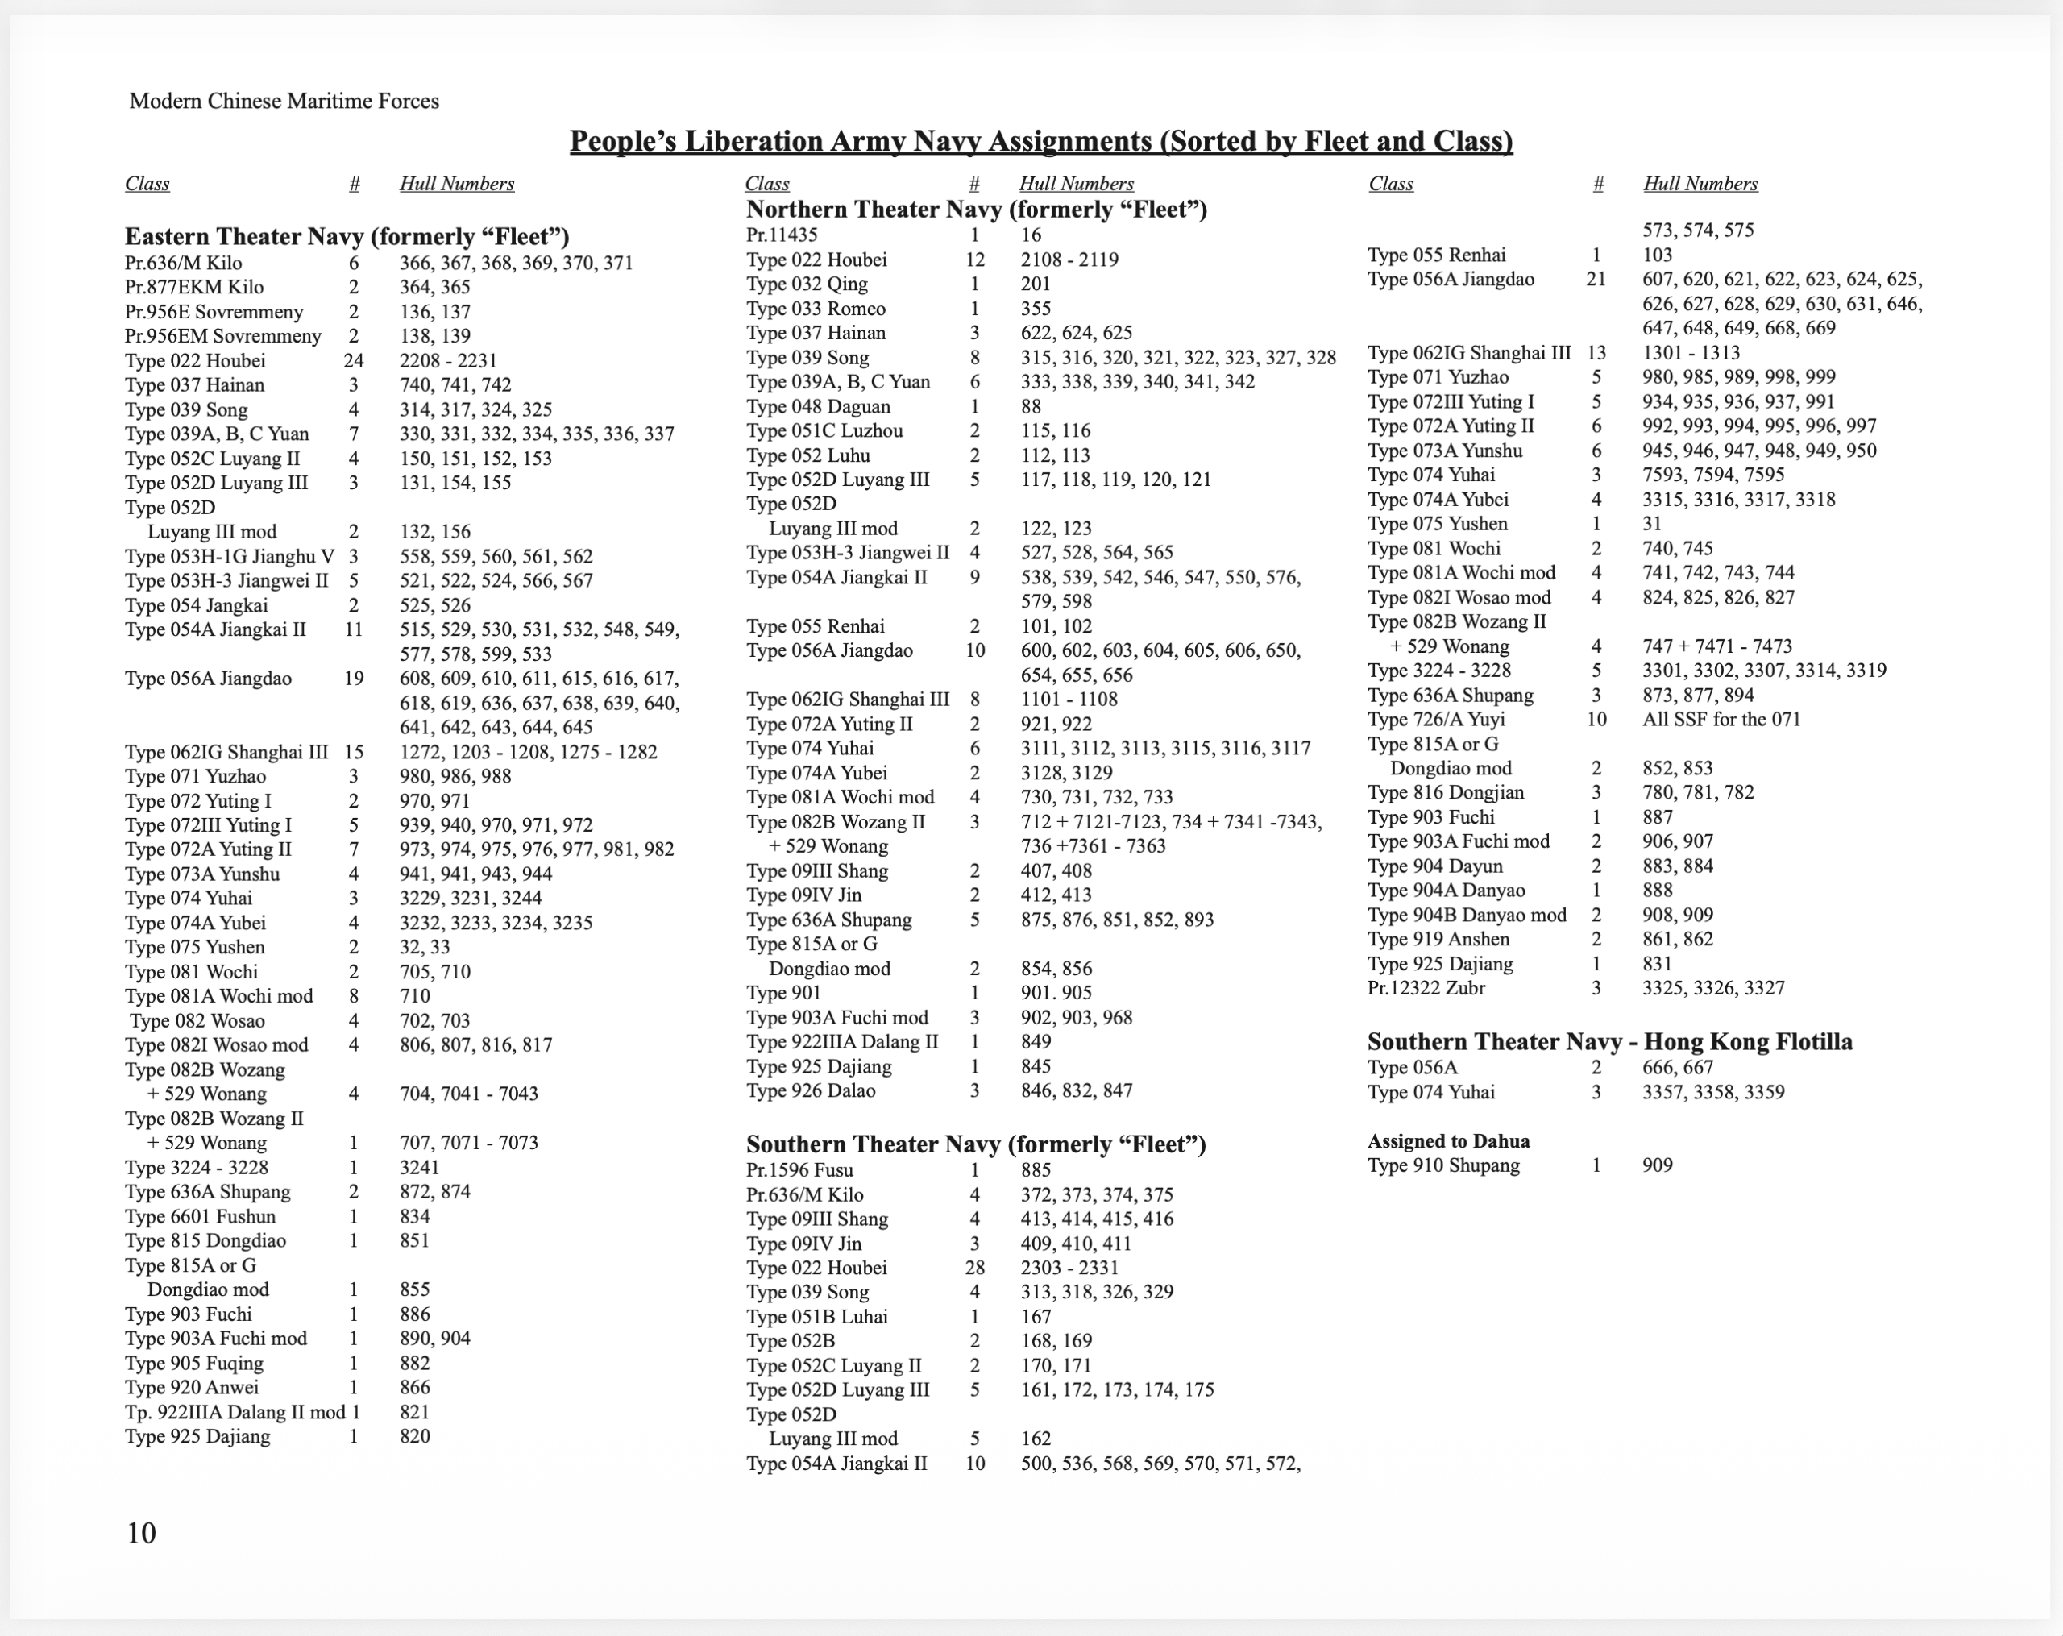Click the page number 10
142,1533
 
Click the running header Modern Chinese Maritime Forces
284,102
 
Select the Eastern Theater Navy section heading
347,236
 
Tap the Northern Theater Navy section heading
976,209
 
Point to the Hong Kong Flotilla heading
1609,1042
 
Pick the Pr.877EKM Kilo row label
194,287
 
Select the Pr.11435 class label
782,235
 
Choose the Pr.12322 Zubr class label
1426,988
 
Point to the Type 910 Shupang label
1443,1165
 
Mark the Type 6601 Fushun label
200,1217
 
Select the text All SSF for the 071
1721,720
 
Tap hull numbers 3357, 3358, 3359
1712,1093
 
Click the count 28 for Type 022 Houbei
975,1268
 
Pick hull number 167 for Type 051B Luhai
1036,1316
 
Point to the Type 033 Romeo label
816,309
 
